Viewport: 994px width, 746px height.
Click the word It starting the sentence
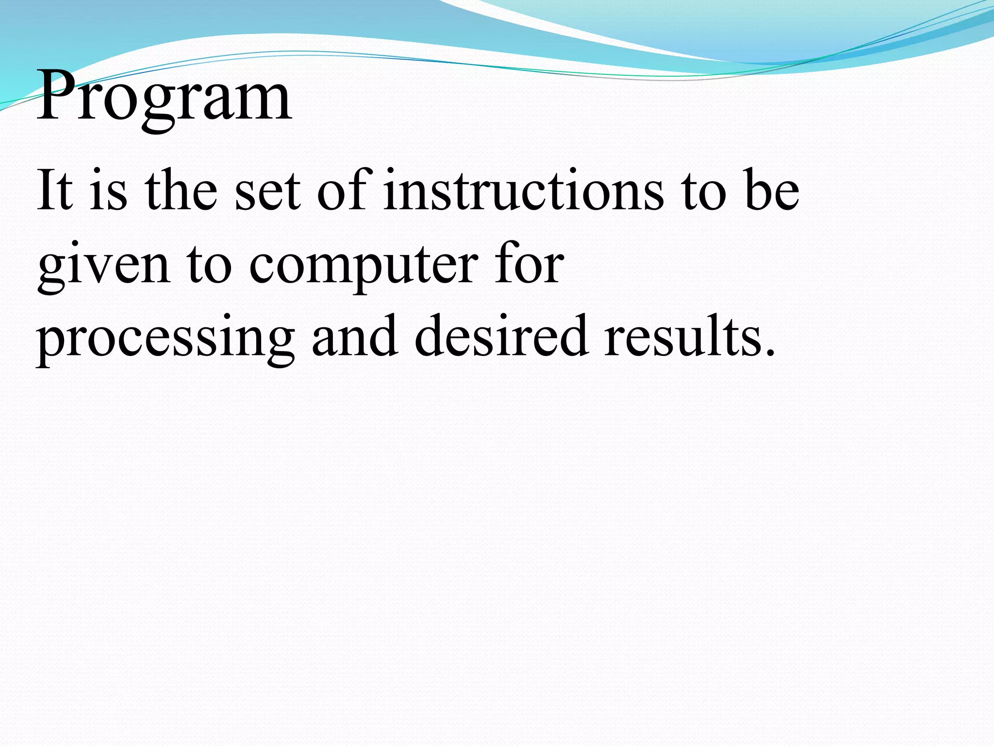click(54, 190)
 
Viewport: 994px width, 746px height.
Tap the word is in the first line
click(108, 190)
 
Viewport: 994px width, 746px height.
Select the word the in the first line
click(181, 190)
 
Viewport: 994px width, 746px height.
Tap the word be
click(772, 190)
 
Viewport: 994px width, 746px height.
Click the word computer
click(364, 266)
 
